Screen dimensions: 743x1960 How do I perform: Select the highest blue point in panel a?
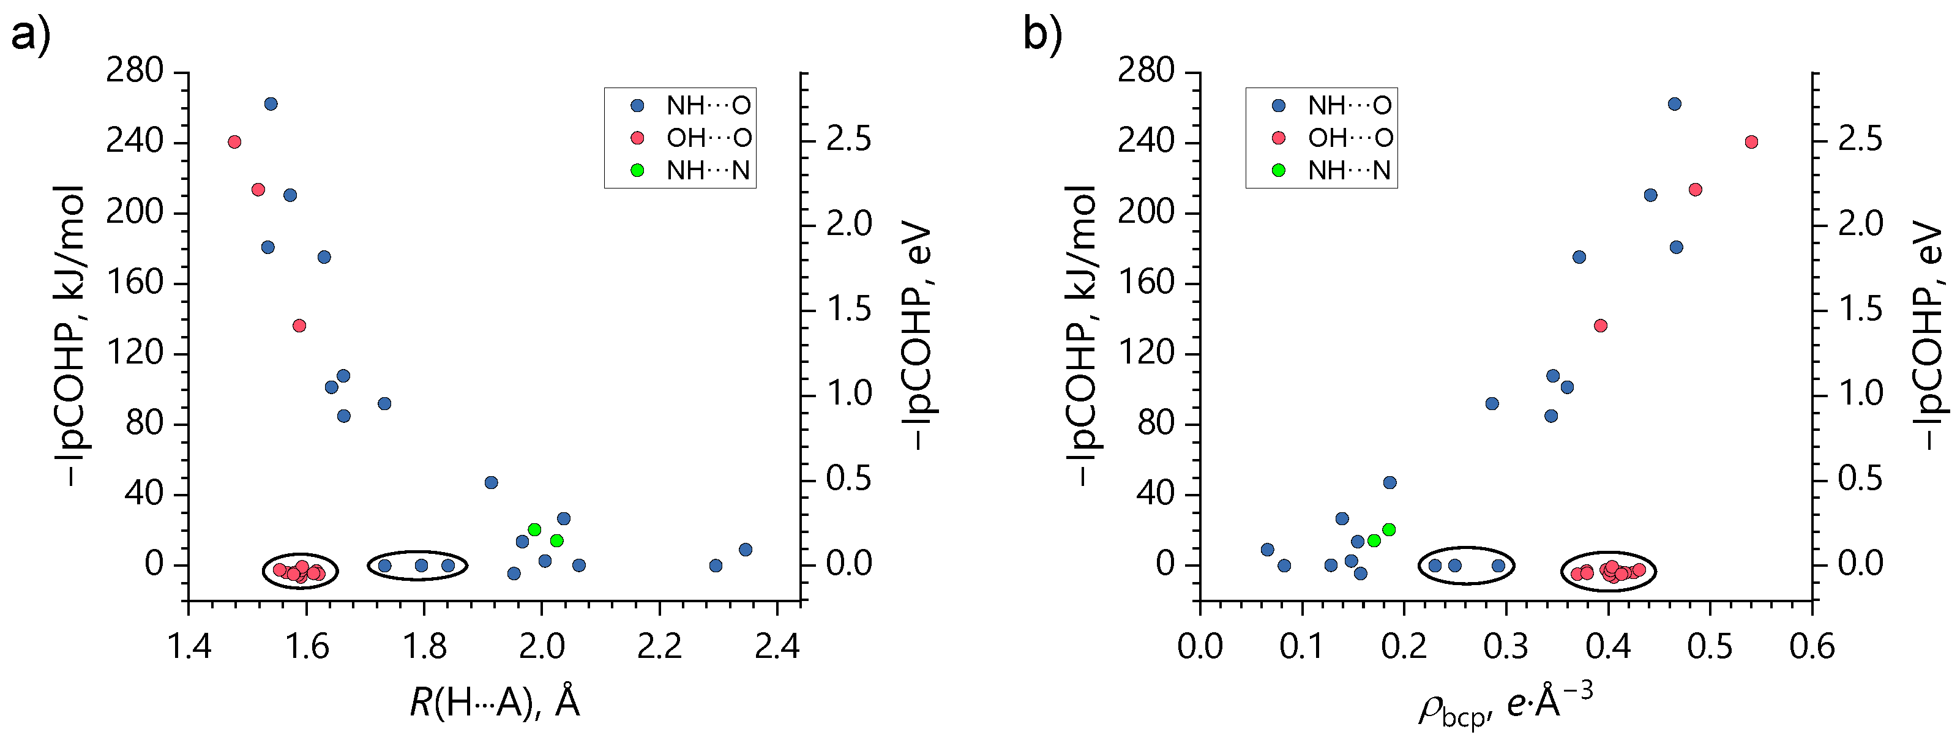pyautogui.click(x=270, y=104)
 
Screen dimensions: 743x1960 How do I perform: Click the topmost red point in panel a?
pyautogui.click(x=234, y=142)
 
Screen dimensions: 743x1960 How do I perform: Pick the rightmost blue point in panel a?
pyautogui.click(x=746, y=550)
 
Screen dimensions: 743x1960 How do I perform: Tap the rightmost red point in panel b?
pyautogui.click(x=1751, y=142)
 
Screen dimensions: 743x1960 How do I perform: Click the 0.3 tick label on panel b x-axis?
pyautogui.click(x=1506, y=647)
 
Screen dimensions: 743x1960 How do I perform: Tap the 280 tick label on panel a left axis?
pyautogui.click(x=135, y=72)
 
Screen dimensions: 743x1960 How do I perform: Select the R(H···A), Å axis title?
pyautogui.click(x=495, y=701)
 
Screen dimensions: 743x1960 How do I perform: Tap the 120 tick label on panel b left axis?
pyautogui.click(x=1146, y=354)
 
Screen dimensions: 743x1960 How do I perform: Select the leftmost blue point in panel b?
pyautogui.click(x=1267, y=550)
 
